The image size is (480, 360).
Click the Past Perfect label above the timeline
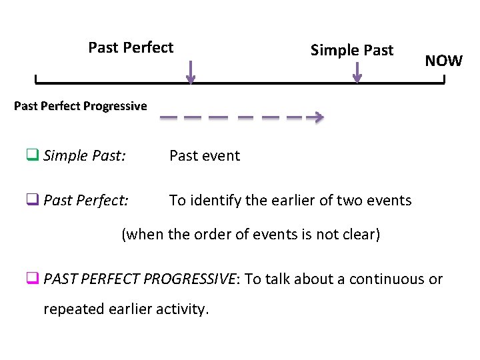pyautogui.click(x=131, y=47)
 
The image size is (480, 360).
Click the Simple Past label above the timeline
pyautogui.click(x=352, y=50)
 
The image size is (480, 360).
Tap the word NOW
pyautogui.click(x=443, y=61)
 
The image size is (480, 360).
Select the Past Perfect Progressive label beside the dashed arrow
pyautogui.click(x=80, y=106)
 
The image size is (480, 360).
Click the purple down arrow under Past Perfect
pyautogui.click(x=191, y=73)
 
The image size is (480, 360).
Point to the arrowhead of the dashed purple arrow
pyautogui.click(x=319, y=118)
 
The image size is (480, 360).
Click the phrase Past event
pyautogui.click(x=205, y=156)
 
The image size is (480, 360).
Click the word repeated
pyautogui.click(x=70, y=310)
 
